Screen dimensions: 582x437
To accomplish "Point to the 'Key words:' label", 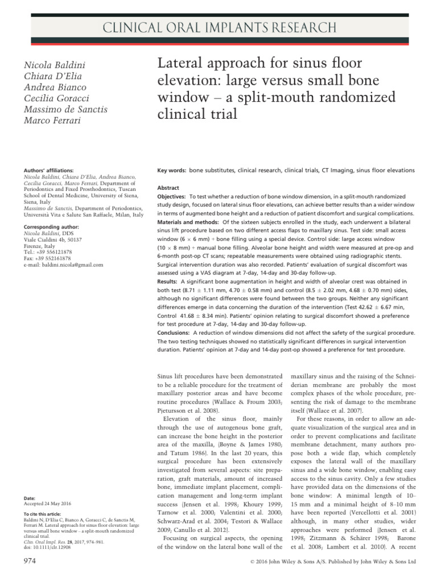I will [172, 170].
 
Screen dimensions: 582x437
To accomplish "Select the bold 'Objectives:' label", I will [175, 196].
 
